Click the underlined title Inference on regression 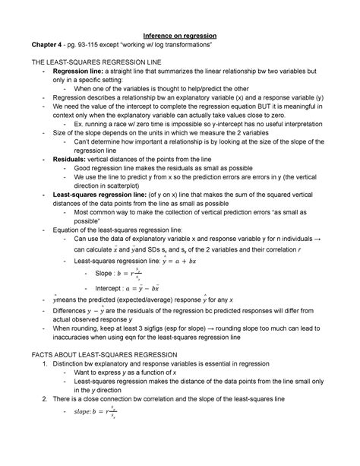(180, 36)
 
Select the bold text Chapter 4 (43, 46)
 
